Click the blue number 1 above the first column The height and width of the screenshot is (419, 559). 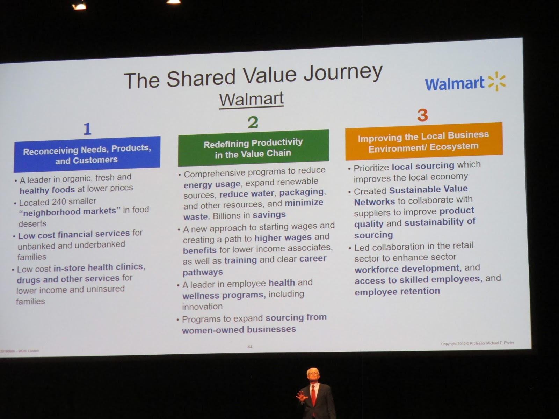[87, 129]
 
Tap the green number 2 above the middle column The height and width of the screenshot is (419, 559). [253, 122]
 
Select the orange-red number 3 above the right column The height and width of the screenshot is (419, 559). [422, 115]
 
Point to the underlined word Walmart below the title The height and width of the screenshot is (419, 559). [251, 99]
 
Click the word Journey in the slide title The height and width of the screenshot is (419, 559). [343, 73]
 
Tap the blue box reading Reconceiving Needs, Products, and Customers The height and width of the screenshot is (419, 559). [87, 154]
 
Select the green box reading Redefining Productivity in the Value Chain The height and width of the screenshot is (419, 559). [253, 148]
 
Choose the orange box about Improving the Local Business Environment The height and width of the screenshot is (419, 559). [423, 141]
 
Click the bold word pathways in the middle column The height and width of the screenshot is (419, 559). [203, 272]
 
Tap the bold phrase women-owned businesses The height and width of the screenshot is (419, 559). [239, 330]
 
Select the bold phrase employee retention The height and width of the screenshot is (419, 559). [397, 291]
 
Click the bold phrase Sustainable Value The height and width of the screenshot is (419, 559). [428, 189]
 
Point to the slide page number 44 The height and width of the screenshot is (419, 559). [250, 347]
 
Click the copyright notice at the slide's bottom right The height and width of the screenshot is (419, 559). [477, 343]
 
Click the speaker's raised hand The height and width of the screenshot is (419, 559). [301, 396]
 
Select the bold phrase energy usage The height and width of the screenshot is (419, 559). [212, 184]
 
